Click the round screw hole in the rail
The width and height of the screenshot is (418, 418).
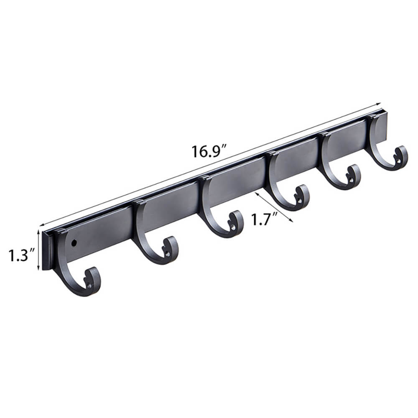coord(74,242)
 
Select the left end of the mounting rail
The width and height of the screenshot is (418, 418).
coord(47,251)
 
